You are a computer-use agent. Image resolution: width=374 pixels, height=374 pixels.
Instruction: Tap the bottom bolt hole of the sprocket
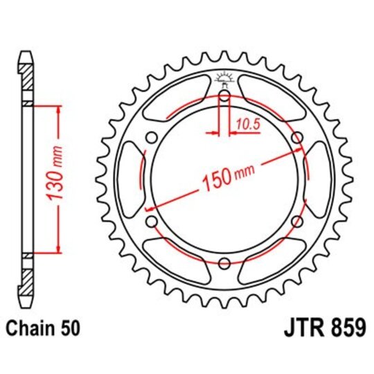coord(224,263)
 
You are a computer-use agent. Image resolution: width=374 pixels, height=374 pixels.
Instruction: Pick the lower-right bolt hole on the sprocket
coord(296,221)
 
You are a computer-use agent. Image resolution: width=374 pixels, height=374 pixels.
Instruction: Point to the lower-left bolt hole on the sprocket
coord(151,221)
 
